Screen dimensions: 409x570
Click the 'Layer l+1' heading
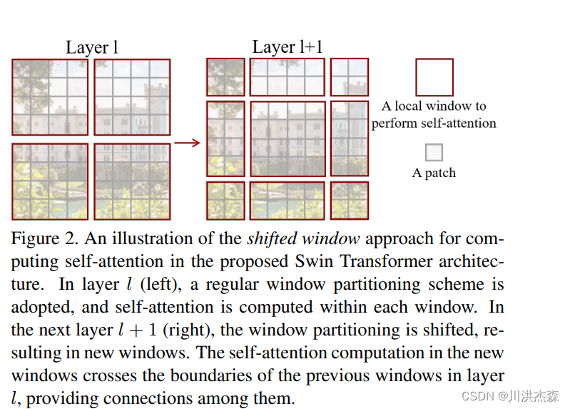point(287,48)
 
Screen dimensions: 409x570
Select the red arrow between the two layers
point(188,143)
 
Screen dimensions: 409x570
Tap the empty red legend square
point(434,77)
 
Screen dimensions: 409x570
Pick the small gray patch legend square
point(434,153)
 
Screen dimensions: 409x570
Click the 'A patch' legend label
point(434,173)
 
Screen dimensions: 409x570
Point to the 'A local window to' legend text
point(434,106)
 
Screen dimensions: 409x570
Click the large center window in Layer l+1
point(287,138)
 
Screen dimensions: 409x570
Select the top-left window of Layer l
point(50,97)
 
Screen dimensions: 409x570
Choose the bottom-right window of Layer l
point(132,181)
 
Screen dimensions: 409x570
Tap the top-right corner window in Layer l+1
point(350,77)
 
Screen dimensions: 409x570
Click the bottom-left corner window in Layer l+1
point(225,200)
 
